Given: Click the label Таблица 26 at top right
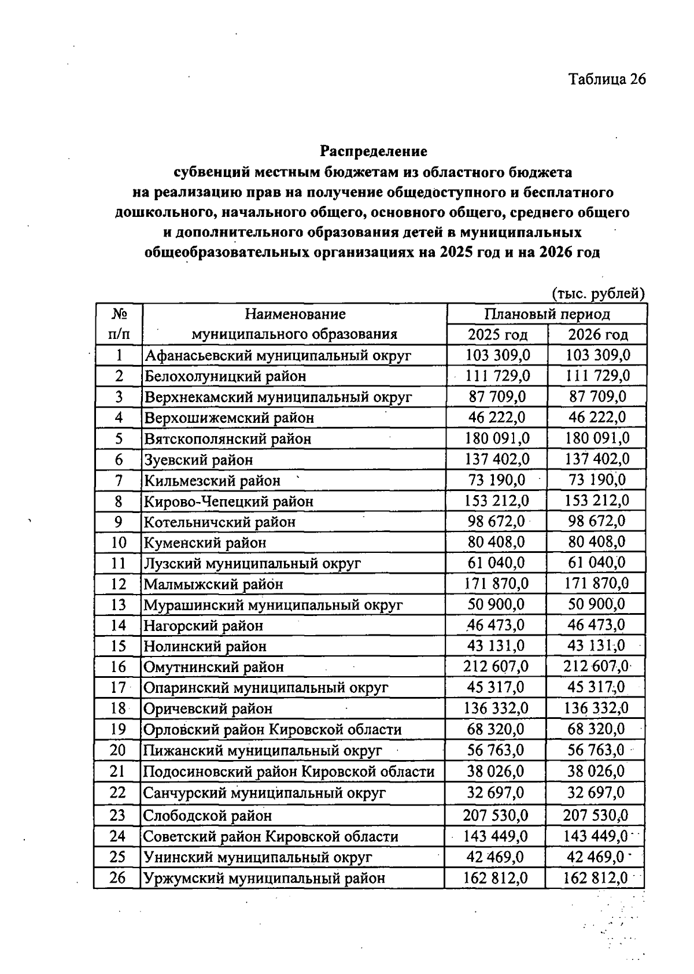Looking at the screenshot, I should tap(607, 79).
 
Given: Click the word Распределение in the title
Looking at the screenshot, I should tap(374, 152).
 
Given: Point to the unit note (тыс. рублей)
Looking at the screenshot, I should tap(598, 293).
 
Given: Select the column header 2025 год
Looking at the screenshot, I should tap(497, 334).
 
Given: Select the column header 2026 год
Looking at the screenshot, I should tap(597, 334).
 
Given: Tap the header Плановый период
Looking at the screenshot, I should tap(547, 314).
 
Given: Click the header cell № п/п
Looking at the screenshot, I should tap(119, 324).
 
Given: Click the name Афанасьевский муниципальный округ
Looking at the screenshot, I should tap(278, 355).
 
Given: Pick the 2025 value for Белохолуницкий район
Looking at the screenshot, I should tap(497, 376).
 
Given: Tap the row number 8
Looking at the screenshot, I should tap(119, 501).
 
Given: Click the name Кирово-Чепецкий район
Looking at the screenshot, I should tap(228, 501).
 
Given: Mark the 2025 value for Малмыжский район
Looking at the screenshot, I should tap(496, 584).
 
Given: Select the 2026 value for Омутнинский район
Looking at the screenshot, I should tap(596, 666).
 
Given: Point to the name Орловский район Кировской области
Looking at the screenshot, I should tap(272, 729).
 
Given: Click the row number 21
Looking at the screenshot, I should tap(118, 771).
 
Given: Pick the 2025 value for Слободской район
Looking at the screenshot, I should tap(495, 816).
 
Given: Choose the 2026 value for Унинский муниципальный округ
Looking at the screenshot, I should tap(596, 857).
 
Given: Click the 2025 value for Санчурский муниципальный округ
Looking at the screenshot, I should tap(496, 792).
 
